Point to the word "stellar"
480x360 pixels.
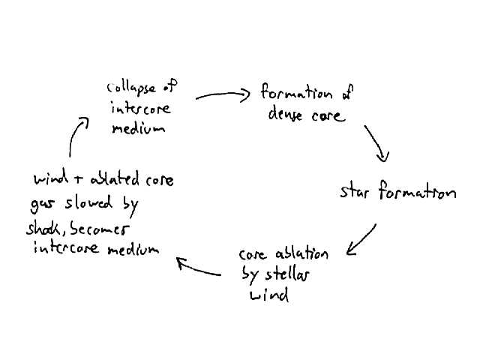(284, 274)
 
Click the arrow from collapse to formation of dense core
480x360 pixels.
(223, 95)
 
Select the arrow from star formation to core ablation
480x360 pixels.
(361, 238)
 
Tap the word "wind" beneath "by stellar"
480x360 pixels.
(268, 295)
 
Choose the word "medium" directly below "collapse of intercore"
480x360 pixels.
(137, 127)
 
